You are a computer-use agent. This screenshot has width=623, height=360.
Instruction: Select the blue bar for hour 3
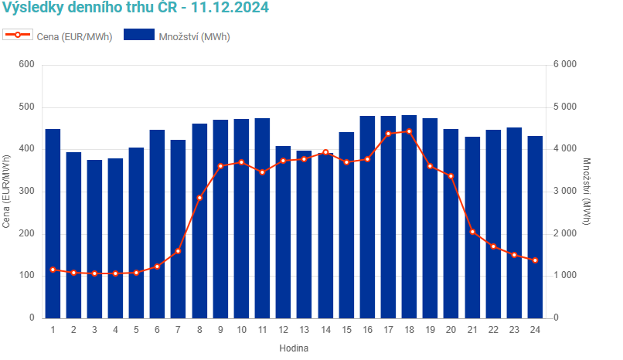pos(94,239)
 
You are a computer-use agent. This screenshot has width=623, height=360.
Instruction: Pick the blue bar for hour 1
pos(53,224)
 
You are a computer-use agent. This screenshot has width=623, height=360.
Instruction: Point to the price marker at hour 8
pos(199,198)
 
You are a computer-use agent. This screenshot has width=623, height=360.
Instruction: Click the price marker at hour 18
pos(409,131)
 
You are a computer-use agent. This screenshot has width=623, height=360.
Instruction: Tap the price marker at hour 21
pos(472,232)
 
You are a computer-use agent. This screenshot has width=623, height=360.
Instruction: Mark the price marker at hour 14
pos(325,152)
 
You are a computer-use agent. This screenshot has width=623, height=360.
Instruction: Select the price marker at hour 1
pos(53,270)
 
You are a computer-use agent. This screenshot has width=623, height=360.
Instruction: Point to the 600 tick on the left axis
pos(27,64)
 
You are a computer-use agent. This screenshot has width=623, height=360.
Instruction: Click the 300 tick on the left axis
pos(27,192)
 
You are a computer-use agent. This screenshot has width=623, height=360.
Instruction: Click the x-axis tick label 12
pos(283,330)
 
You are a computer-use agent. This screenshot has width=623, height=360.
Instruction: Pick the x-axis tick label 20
pos(451,330)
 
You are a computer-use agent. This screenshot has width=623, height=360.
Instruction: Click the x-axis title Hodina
pos(294,348)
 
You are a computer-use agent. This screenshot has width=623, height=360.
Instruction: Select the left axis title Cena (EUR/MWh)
pos(7,191)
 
